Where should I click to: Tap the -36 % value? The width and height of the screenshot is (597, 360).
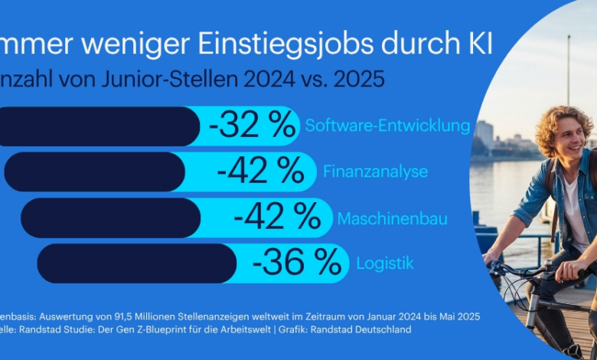pos(296,263)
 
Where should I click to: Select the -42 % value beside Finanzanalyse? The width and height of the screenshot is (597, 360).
pos(261,172)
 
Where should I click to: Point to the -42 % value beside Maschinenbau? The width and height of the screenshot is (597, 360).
pos(277,218)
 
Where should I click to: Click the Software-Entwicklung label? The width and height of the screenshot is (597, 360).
pos(387,126)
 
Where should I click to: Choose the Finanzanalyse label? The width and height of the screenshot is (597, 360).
pos(376,172)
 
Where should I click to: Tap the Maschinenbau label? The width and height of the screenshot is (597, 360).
pos(392,218)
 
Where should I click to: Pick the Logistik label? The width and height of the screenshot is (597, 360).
pos(385,263)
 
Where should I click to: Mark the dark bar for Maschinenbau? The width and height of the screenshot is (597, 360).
pos(110,218)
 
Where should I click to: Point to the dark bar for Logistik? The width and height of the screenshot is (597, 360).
pos(137,263)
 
